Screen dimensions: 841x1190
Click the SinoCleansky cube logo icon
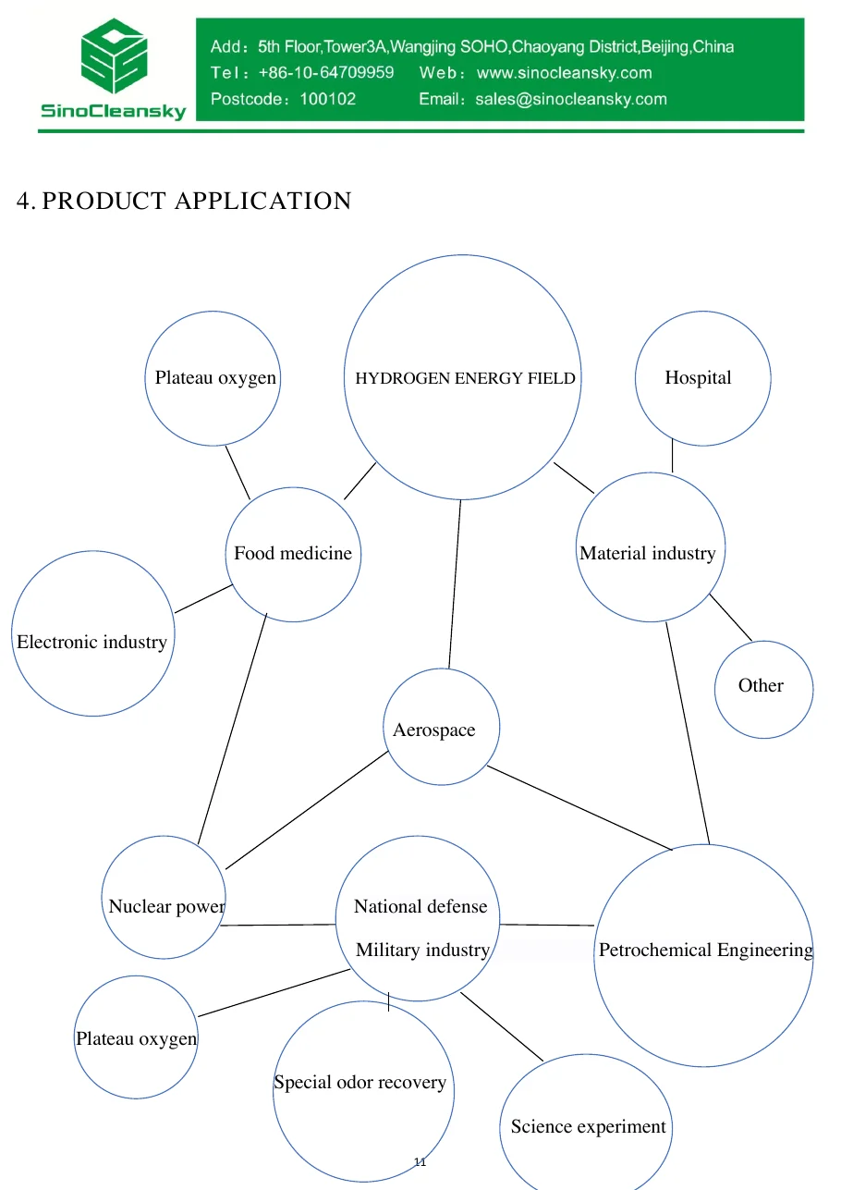(114, 55)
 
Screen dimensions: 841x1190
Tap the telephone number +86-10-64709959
(326, 73)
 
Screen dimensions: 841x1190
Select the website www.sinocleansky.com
(564, 73)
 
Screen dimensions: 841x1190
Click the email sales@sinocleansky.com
(571, 99)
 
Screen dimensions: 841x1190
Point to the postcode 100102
(327, 99)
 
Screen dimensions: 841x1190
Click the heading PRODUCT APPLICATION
(197, 201)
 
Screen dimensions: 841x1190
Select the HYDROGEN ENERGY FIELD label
(465, 378)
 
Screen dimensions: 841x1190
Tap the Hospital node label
(698, 378)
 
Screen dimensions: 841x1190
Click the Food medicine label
(293, 553)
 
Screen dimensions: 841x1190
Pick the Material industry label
(647, 553)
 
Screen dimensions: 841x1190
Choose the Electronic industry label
(91, 643)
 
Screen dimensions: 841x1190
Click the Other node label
(761, 685)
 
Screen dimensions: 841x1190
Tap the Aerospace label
(433, 730)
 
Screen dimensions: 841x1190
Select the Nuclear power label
(166, 906)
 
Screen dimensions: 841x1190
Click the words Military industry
(422, 950)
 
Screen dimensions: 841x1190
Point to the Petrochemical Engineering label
(706, 950)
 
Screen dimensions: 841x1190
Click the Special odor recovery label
(360, 1082)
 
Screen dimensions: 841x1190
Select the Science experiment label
(588, 1126)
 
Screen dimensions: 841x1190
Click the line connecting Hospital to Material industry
(672, 455)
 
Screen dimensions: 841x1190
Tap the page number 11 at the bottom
(420, 1162)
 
